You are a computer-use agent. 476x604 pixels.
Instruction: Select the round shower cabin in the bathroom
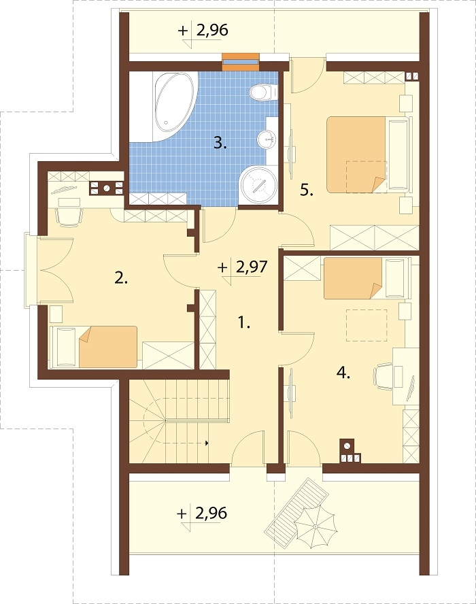coord(259,185)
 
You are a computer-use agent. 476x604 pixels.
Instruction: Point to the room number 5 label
coord(307,190)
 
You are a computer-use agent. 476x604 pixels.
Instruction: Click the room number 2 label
coord(121,278)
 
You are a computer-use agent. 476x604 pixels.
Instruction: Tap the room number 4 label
coord(343,373)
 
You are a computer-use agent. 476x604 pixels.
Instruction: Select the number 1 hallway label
coord(243,322)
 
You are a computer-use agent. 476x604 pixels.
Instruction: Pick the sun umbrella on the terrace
coord(316,526)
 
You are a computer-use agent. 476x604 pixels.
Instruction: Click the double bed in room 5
coord(367,154)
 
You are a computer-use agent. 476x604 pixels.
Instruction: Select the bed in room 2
coord(94,346)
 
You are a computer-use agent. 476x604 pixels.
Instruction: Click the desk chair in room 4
coord(384,376)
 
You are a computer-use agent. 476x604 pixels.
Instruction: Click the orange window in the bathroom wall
coord(240,61)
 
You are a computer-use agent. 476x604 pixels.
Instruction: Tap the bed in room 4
coord(366,278)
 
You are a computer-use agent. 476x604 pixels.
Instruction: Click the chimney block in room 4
coord(350,451)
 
